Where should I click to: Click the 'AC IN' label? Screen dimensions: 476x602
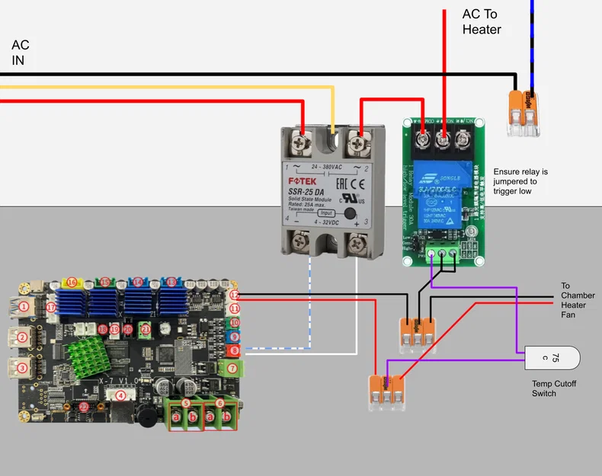click(21, 53)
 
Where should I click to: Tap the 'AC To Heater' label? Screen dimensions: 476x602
click(482, 22)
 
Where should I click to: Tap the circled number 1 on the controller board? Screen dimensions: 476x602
click(24, 307)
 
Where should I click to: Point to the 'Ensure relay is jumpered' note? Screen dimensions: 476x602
click(520, 182)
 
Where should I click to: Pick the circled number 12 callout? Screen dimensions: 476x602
click(235, 295)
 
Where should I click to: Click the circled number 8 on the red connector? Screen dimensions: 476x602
click(235, 350)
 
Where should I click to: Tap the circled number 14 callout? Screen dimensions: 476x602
click(138, 283)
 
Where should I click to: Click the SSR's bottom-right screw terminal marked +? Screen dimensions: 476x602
click(357, 245)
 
